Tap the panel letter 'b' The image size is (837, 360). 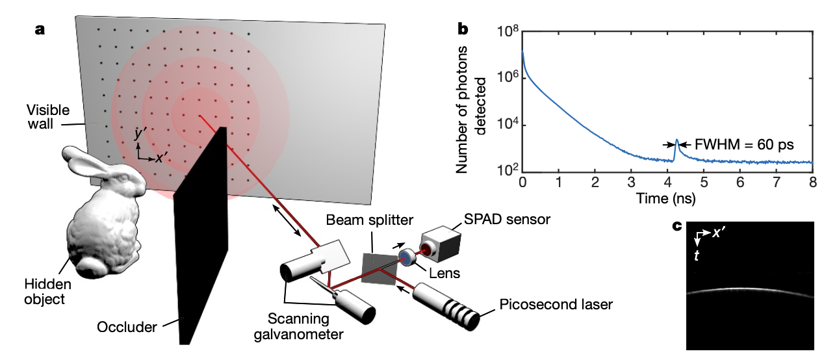463,28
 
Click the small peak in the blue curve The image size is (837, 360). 676,141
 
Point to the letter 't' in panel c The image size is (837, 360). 697,256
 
